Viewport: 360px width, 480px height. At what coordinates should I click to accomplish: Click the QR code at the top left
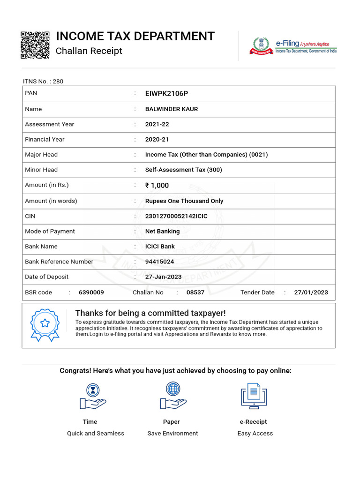tap(35, 45)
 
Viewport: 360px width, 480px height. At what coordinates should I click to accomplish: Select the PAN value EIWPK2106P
tap(166, 94)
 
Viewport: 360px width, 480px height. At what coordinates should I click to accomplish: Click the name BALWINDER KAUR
tap(172, 109)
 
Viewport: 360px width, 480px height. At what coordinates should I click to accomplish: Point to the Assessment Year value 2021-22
tap(157, 124)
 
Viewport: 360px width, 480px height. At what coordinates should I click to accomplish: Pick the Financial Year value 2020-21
tap(157, 139)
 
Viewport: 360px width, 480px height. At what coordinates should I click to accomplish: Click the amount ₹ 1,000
tap(157, 185)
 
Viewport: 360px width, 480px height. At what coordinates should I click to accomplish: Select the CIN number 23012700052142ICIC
tap(176, 216)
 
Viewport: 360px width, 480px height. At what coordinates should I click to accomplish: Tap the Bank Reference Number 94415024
tap(160, 262)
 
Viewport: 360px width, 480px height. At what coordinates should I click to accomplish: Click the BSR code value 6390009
tap(91, 292)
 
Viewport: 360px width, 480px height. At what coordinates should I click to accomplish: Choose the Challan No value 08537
tap(195, 292)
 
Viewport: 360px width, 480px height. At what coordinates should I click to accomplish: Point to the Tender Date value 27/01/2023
tap(311, 292)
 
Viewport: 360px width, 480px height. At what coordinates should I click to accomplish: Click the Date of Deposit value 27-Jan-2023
tap(163, 277)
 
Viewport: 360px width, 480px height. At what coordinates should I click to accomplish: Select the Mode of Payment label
tap(50, 231)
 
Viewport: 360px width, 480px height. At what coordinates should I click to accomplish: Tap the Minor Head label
tap(41, 170)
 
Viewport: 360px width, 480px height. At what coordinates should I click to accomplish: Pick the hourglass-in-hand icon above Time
tap(92, 397)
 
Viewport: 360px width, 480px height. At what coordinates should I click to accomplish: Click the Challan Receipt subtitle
tap(89, 51)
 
